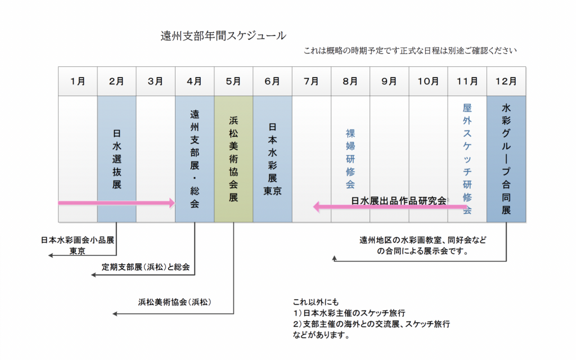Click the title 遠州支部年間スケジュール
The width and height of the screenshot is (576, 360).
[223, 36]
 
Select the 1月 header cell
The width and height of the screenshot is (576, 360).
[78, 81]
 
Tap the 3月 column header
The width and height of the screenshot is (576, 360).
[155, 81]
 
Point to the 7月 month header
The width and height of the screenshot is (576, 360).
[311, 81]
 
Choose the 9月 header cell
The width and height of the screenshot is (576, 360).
[389, 81]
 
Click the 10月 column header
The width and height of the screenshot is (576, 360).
[428, 81]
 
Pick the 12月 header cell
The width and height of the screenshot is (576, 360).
[506, 81]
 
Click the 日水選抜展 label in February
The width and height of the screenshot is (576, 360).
[116, 159]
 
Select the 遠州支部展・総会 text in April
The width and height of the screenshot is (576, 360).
[195, 159]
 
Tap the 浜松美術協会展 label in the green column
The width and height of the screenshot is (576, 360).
[233, 159]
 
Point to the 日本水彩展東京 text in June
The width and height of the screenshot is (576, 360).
[272, 159]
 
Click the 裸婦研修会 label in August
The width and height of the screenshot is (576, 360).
[350, 159]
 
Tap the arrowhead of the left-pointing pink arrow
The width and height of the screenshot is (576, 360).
[317, 207]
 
